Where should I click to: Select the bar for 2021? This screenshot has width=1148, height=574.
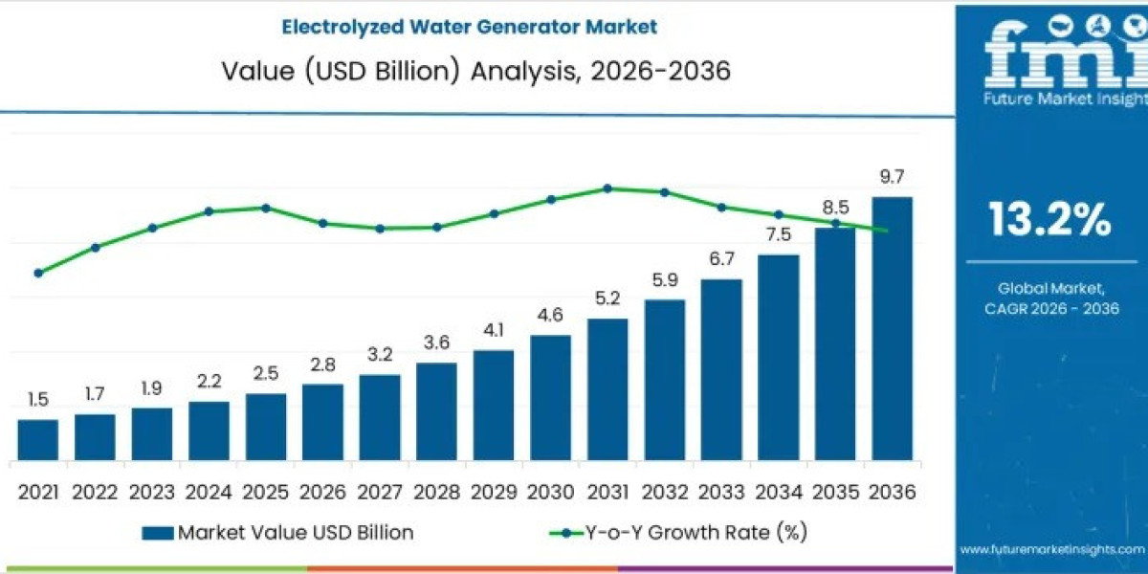tap(38, 441)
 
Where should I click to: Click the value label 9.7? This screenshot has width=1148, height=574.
tap(892, 177)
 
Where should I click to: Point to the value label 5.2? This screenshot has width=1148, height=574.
tap(607, 298)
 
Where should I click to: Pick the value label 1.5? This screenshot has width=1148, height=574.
tap(38, 399)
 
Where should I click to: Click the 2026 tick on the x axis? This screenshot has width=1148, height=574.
tap(322, 492)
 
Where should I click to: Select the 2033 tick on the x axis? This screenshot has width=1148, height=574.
tap(721, 492)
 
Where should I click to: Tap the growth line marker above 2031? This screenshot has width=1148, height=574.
tap(607, 188)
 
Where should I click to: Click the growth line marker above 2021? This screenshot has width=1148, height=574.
tap(38, 273)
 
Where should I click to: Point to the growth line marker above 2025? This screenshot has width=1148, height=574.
tap(266, 208)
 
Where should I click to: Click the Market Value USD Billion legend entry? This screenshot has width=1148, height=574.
tap(277, 532)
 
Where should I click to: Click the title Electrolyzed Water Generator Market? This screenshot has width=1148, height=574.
tap(469, 27)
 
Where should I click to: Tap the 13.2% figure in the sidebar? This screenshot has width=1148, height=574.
tap(1049, 220)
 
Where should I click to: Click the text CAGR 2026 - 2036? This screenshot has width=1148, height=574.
tap(1051, 308)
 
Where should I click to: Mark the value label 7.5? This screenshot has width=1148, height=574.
tap(778, 235)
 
